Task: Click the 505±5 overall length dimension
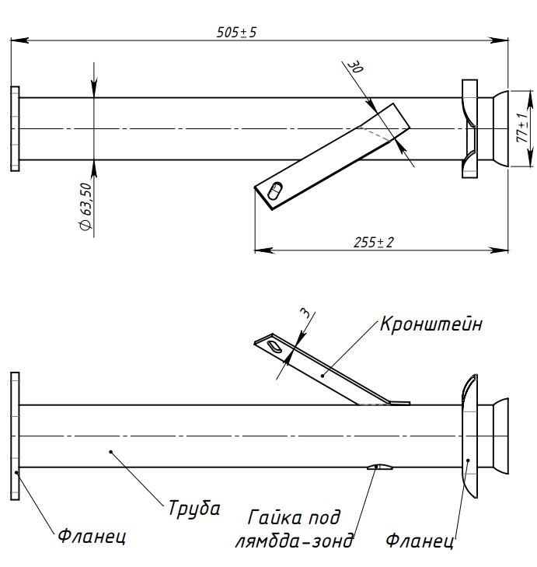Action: tap(236, 32)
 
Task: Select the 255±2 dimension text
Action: tap(373, 242)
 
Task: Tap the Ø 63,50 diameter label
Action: tap(86, 206)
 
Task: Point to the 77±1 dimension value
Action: tap(521, 128)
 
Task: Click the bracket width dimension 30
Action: tap(355, 66)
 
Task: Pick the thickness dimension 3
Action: tap(305, 313)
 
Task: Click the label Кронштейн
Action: tap(431, 324)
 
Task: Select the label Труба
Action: tap(194, 508)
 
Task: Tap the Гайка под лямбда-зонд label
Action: tap(294, 529)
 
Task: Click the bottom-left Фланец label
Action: tap(92, 536)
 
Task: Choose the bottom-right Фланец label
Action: tap(420, 541)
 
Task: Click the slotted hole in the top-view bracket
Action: tap(275, 191)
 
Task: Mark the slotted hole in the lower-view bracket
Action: tap(274, 345)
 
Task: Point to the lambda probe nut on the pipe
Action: tap(380, 467)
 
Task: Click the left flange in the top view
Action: tap(15, 129)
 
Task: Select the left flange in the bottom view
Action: tap(15, 436)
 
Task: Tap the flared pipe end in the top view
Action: tap(500, 128)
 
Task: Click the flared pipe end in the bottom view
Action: tap(500, 436)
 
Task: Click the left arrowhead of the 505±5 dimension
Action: tap(19, 40)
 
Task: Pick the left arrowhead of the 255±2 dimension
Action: tap(263, 250)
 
